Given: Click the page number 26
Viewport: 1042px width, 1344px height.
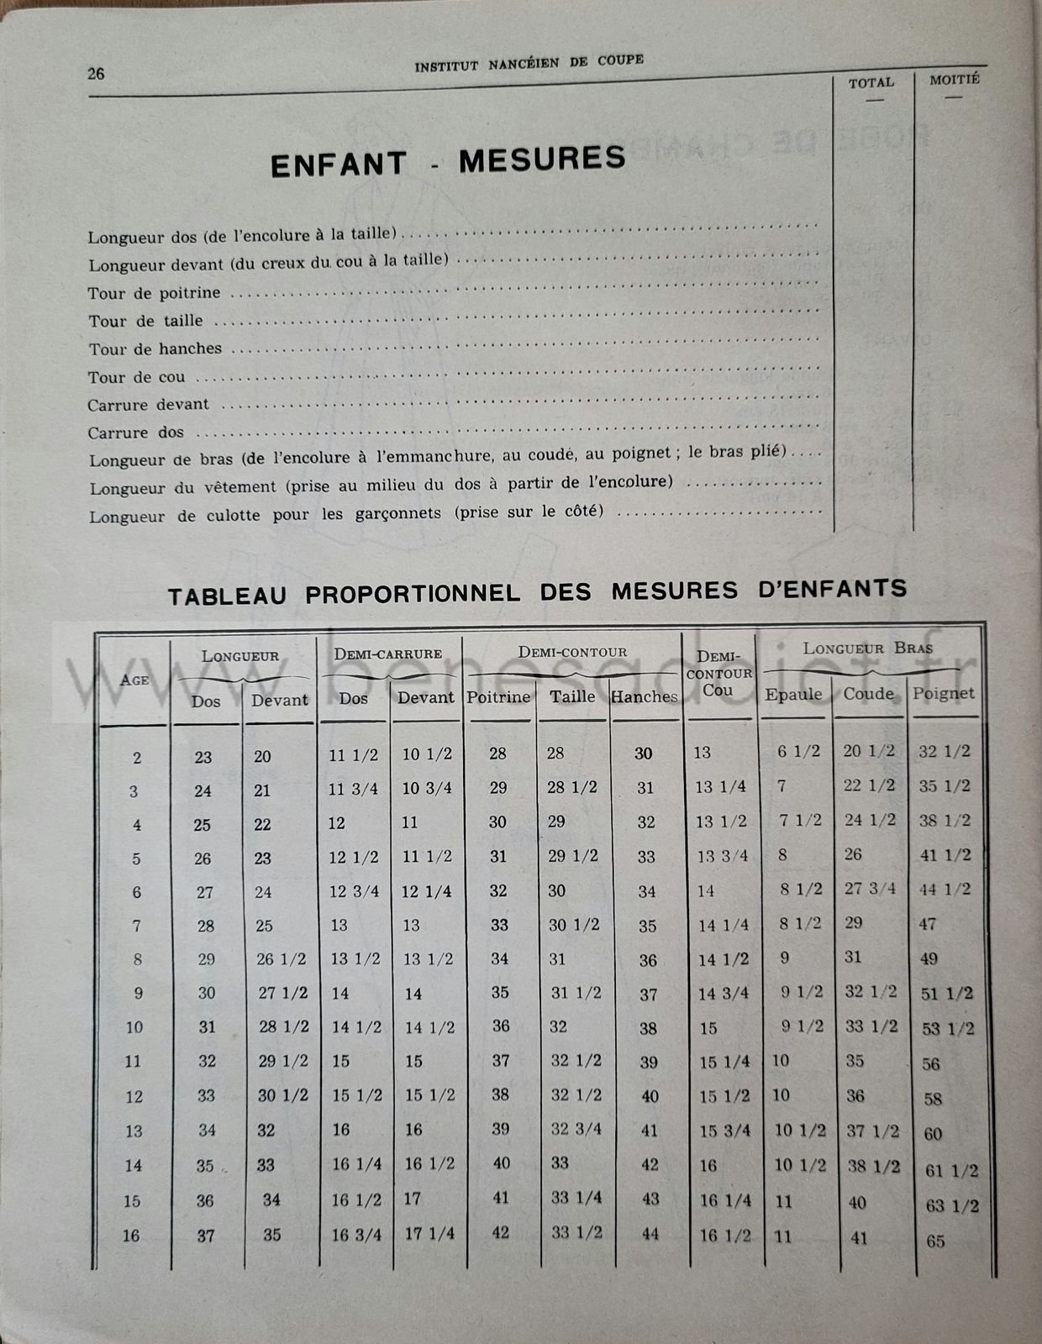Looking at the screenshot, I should tap(96, 73).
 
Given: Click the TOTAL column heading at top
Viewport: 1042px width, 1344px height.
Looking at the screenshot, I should tap(871, 82).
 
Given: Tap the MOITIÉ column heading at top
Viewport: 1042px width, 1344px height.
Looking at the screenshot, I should tap(955, 80).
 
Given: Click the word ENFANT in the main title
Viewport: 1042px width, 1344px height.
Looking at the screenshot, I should tap(339, 164).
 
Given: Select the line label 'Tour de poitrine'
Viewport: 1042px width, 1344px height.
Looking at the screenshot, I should tap(155, 293).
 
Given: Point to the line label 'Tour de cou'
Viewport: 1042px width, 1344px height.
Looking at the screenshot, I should tap(137, 377).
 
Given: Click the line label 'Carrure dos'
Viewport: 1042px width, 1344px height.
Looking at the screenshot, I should tap(135, 433).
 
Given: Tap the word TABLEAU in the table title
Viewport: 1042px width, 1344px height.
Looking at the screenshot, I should tap(227, 596).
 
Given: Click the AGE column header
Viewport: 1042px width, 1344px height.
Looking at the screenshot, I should tap(134, 680).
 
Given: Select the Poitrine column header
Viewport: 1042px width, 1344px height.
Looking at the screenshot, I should tap(498, 697).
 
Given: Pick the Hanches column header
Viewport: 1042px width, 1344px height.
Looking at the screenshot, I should tap(645, 696).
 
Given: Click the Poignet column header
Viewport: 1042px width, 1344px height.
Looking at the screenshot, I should tap(944, 693).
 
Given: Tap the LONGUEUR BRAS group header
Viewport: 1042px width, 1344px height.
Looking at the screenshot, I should tap(868, 648).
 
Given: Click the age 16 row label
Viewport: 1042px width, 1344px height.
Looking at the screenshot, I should tap(132, 1236).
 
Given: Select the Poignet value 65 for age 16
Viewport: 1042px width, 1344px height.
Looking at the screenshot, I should tap(935, 1241).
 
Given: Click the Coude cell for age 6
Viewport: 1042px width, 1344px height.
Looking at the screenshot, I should tap(870, 889).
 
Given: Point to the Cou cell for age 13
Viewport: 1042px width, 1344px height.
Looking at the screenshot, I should tap(725, 1131).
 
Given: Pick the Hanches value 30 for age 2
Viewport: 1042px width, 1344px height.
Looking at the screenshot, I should tap(644, 753).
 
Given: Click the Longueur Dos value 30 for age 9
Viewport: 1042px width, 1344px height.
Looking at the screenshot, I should tap(207, 993).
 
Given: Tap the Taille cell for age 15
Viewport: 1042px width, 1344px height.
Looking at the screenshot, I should tap(576, 1198).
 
